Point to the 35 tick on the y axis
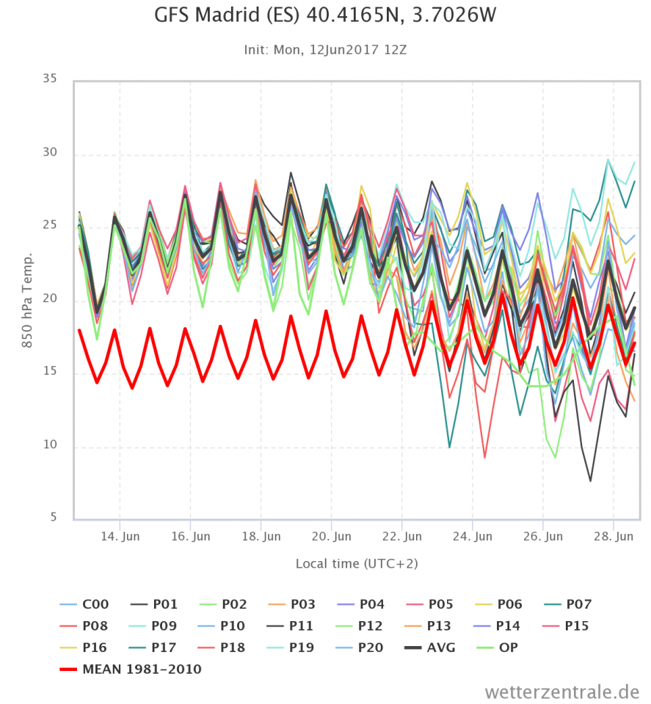[x=49, y=77]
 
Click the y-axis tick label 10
[x=49, y=447]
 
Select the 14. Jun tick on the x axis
[x=120, y=537]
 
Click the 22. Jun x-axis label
[x=403, y=537]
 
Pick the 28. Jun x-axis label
[x=614, y=537]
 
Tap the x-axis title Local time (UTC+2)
[x=357, y=563]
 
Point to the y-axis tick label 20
[x=49, y=299]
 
